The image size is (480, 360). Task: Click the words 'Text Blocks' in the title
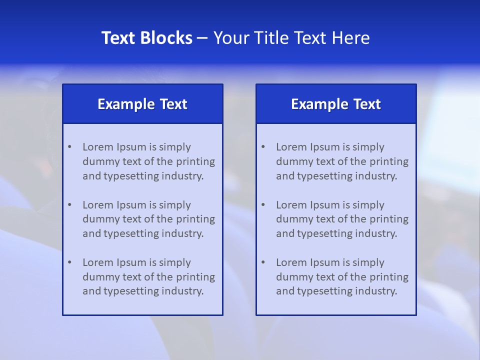pyautogui.click(x=147, y=38)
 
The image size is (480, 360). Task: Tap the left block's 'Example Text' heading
pyautogui.click(x=142, y=104)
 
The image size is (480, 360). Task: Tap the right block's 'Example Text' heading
pyautogui.click(x=336, y=104)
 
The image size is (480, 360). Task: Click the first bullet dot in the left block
pyautogui.click(x=69, y=147)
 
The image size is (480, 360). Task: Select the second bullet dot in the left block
pyautogui.click(x=69, y=205)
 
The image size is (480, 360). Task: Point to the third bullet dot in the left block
pyautogui.click(x=69, y=262)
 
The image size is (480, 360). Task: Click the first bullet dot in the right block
pyautogui.click(x=263, y=147)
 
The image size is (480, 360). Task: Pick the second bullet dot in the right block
pyautogui.click(x=263, y=205)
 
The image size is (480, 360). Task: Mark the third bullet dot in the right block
pyautogui.click(x=263, y=262)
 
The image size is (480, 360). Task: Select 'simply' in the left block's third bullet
pyautogui.click(x=175, y=262)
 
